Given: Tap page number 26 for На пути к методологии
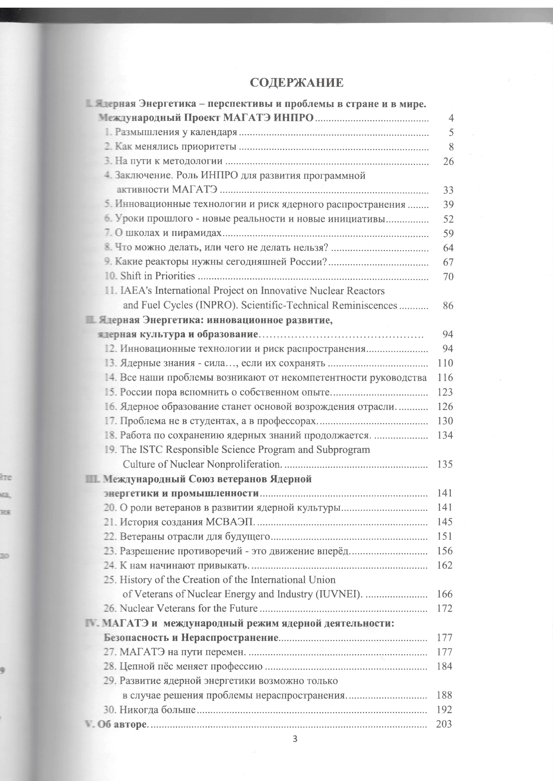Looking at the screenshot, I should [448, 162].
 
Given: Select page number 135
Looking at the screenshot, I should [445, 464].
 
